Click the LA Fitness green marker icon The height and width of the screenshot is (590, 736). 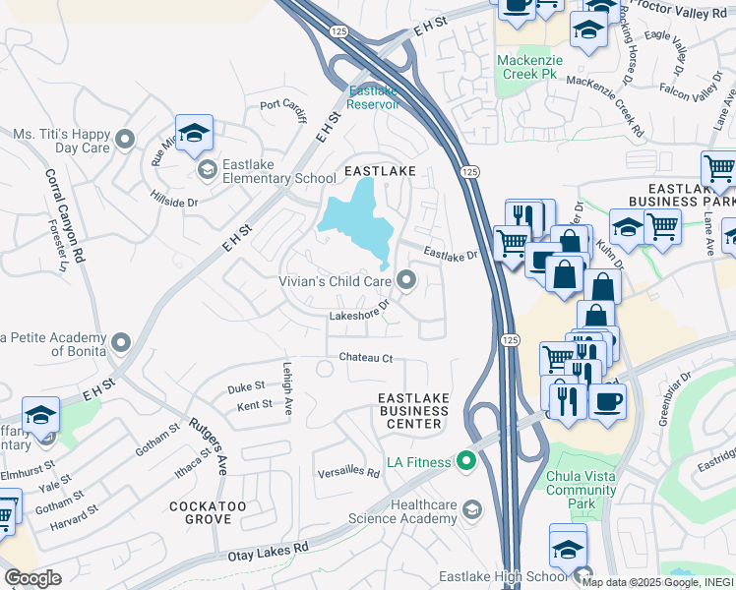[x=465, y=460]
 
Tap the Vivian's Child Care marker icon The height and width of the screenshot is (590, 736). [x=408, y=282]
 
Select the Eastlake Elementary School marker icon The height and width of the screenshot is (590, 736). [x=208, y=171]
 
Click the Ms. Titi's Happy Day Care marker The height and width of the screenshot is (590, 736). [x=124, y=141]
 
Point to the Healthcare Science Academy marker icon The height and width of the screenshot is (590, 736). [x=472, y=508]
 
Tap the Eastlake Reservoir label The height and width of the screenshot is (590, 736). [x=374, y=97]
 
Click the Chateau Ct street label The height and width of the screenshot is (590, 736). [x=366, y=358]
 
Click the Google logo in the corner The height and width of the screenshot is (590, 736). [x=32, y=578]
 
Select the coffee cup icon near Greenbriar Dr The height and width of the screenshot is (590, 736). [x=607, y=402]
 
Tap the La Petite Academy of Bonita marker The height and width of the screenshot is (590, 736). [x=121, y=342]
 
